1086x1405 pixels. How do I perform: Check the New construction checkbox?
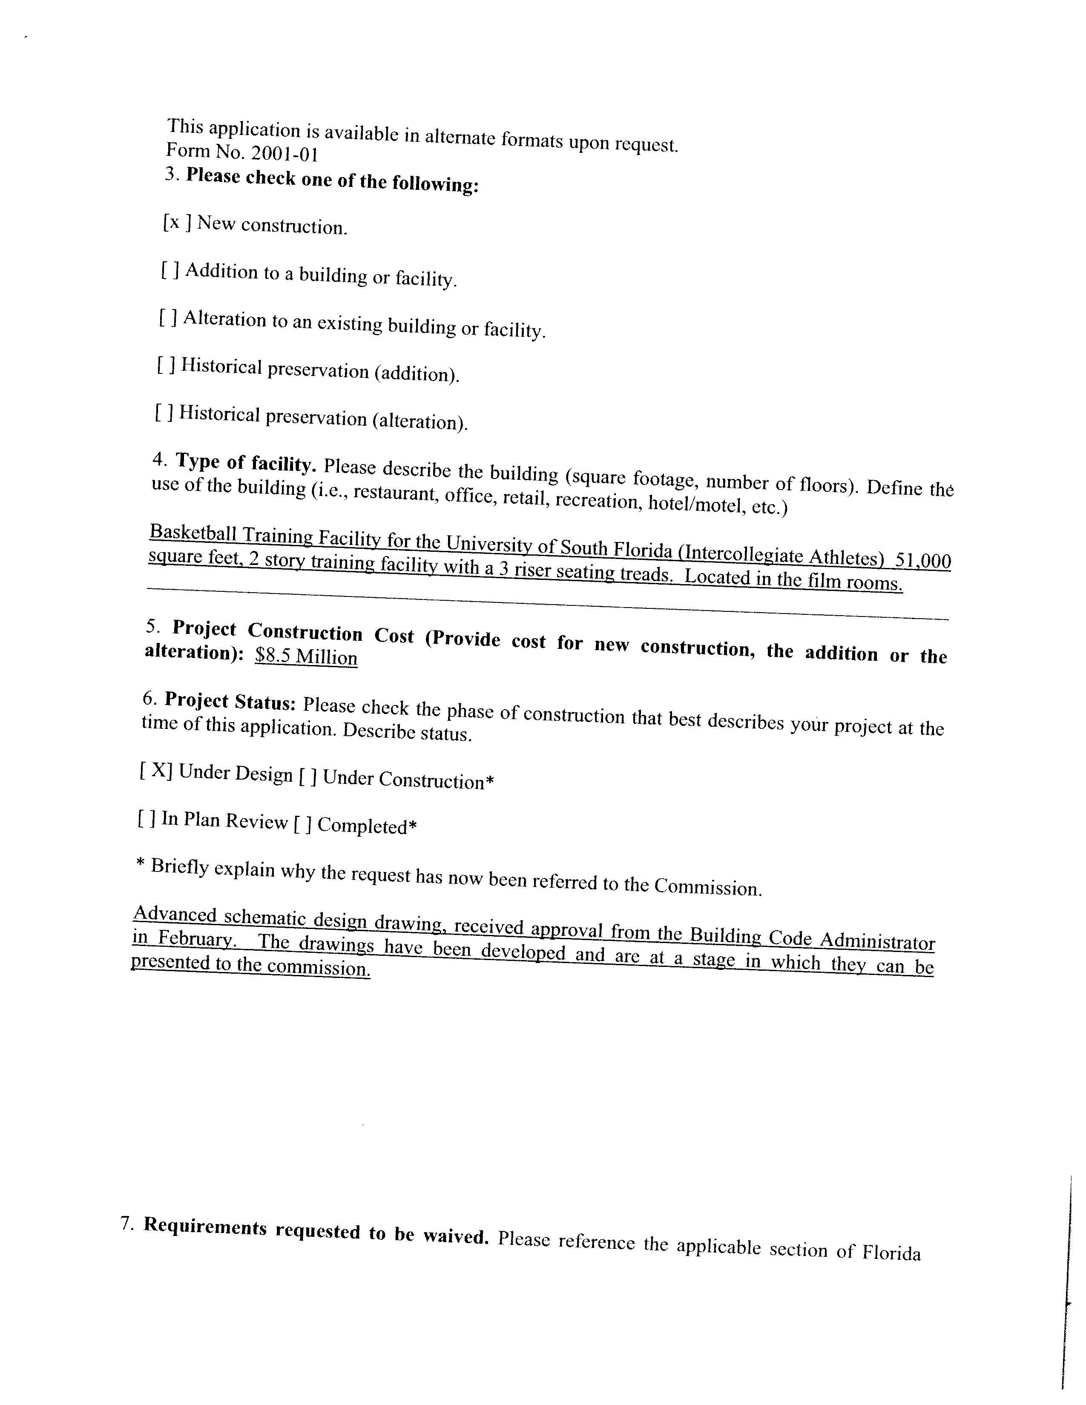point(175,223)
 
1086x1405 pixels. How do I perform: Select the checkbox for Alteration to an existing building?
point(168,318)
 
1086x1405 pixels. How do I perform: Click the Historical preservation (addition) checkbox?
point(165,365)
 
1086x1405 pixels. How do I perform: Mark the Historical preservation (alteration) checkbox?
point(164,413)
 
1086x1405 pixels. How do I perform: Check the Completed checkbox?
point(302,823)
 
